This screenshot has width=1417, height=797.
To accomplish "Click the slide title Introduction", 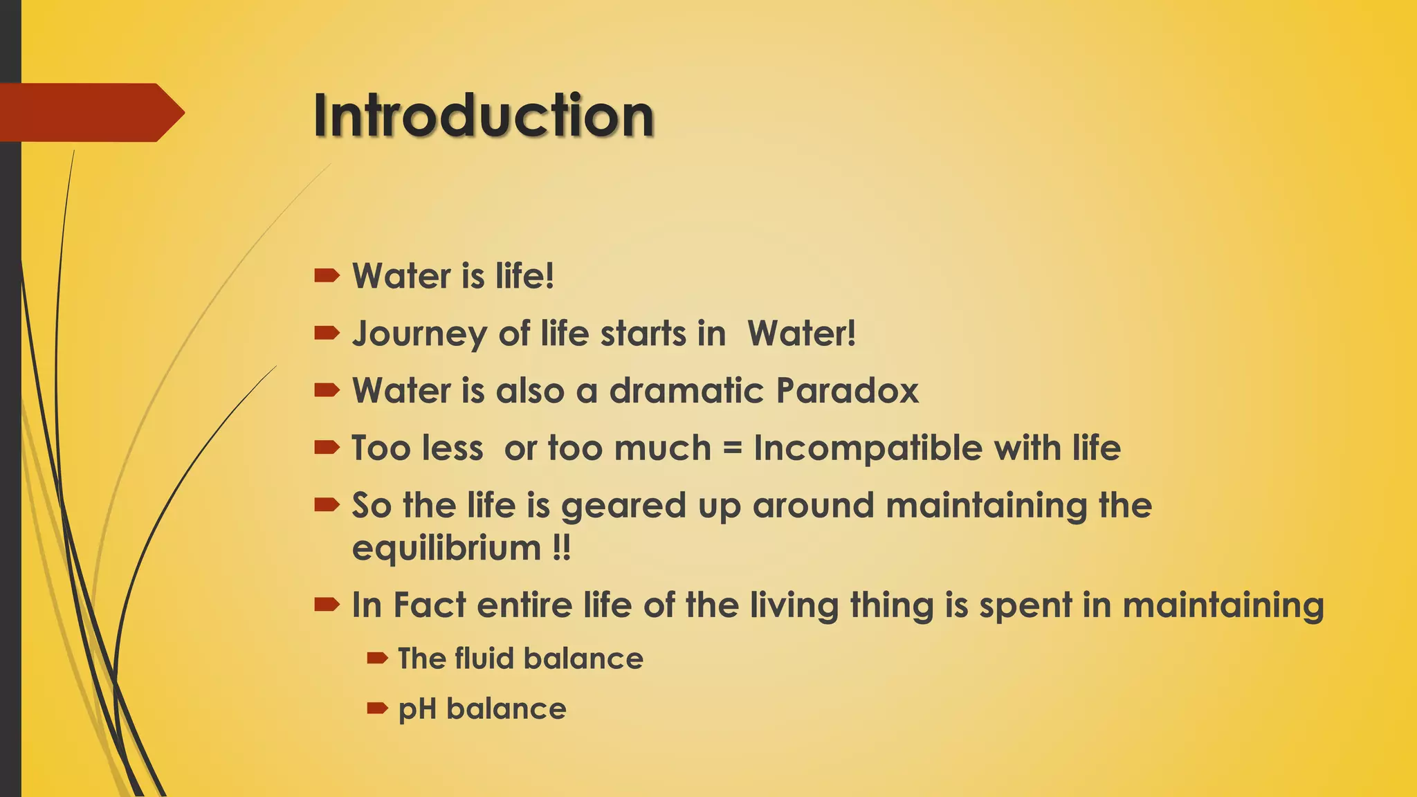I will pyautogui.click(x=484, y=116).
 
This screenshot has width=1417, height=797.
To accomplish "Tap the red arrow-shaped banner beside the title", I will pyautogui.click(x=90, y=113).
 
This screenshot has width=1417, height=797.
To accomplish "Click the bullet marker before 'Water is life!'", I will pyautogui.click(x=327, y=277).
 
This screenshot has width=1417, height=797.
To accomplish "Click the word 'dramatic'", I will pyautogui.click(x=686, y=391).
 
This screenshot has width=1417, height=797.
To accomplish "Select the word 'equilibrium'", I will pyautogui.click(x=446, y=549).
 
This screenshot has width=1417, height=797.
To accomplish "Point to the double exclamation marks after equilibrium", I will pyautogui.click(x=562, y=549).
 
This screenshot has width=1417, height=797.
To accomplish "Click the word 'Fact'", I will pyautogui.click(x=430, y=605).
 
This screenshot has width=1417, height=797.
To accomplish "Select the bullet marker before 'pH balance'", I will pyautogui.click(x=377, y=708).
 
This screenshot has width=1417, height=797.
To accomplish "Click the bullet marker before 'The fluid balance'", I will pyautogui.click(x=377, y=658).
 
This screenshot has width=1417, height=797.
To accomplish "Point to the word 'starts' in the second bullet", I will pyautogui.click(x=643, y=334).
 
